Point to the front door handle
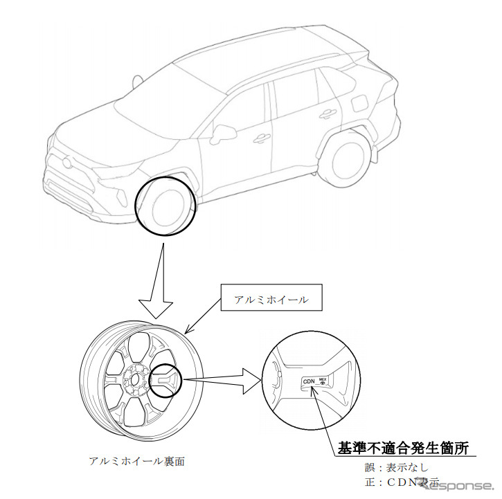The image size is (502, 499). point(261,138)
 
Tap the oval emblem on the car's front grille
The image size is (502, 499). point(66,163)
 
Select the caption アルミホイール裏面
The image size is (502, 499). point(136,460)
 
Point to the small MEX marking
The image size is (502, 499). point(323,377)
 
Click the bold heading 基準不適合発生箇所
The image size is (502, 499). point(404,447)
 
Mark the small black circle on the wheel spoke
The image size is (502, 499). point(166,379)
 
